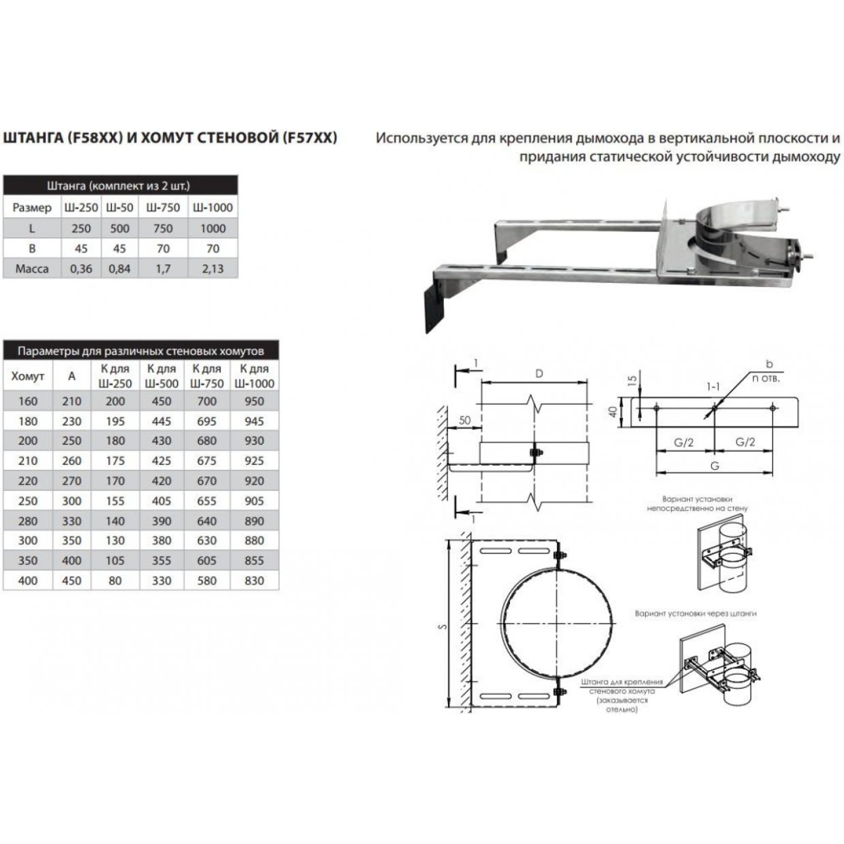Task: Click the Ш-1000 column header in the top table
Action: click(x=213, y=207)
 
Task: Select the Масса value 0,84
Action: click(x=119, y=269)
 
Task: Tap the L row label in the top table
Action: click(x=32, y=228)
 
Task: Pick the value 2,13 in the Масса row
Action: click(x=213, y=269)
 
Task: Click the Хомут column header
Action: click(x=27, y=376)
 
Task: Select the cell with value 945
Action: click(x=254, y=421)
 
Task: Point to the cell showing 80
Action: click(x=115, y=581)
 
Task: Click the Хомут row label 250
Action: click(x=27, y=501)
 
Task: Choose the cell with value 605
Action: click(x=206, y=561)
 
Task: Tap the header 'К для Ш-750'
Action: click(x=206, y=376)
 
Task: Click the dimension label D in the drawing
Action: click(x=539, y=373)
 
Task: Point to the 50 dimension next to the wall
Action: click(x=464, y=421)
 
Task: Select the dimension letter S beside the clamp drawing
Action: click(x=443, y=627)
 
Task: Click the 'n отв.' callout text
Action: click(x=766, y=378)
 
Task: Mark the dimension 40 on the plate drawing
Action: click(x=613, y=411)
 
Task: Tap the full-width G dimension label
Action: click(x=715, y=466)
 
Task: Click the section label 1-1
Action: click(x=713, y=387)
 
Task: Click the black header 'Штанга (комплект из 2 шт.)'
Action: click(x=118, y=186)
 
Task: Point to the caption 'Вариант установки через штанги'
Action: click(x=696, y=613)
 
